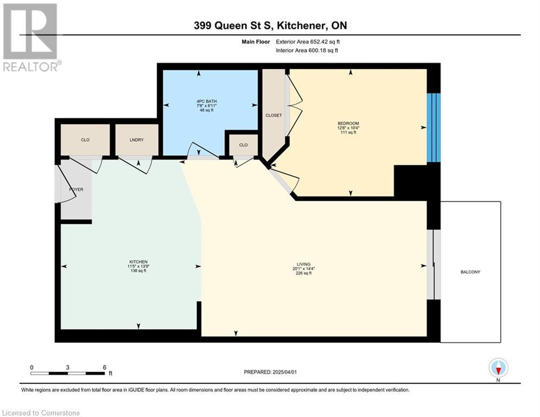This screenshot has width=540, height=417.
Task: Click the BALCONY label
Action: point(470,272)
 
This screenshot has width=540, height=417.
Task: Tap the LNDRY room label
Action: point(137,140)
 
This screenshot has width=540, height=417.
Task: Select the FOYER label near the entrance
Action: point(76,189)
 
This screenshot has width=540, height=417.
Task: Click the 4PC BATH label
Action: point(207,102)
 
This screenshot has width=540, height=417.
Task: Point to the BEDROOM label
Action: point(348,123)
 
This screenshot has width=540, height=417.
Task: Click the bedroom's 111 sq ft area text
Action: point(348,132)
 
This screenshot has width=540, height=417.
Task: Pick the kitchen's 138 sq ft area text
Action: point(138,271)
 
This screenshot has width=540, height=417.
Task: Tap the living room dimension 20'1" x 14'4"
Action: point(303,269)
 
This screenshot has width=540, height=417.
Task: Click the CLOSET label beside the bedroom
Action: point(274,116)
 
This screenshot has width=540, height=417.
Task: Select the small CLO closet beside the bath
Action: point(244,145)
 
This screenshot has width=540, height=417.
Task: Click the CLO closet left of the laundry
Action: point(85,140)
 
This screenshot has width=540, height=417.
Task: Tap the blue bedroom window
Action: point(434,128)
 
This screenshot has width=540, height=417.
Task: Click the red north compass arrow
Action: point(498,371)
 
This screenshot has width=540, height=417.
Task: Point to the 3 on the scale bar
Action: point(67,368)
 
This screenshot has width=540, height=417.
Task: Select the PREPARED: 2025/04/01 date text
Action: point(270,372)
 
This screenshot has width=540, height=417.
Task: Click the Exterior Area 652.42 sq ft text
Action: point(308,42)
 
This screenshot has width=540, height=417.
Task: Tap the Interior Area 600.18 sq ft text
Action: point(307,50)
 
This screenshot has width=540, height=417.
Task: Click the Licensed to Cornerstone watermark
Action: point(41,413)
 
